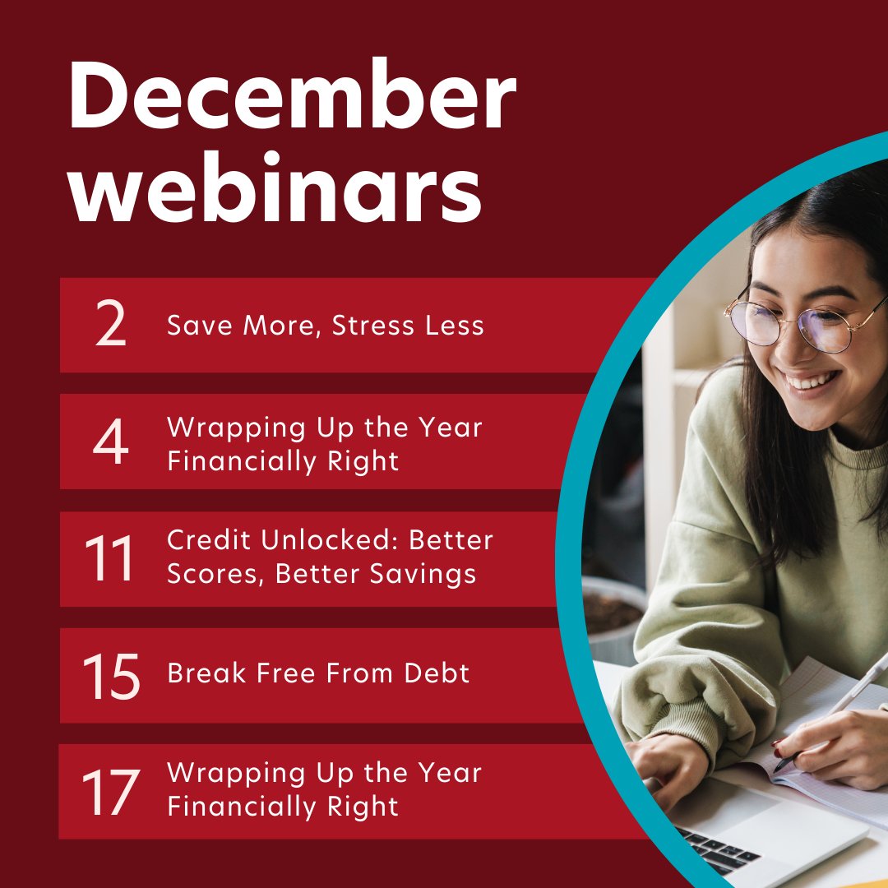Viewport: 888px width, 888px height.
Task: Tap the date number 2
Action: (111, 326)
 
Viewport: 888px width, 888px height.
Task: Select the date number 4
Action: (110, 443)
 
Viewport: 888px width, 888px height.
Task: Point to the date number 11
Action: (109, 559)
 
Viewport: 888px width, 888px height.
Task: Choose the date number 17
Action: (109, 792)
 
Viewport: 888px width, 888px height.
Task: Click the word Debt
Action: (437, 674)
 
